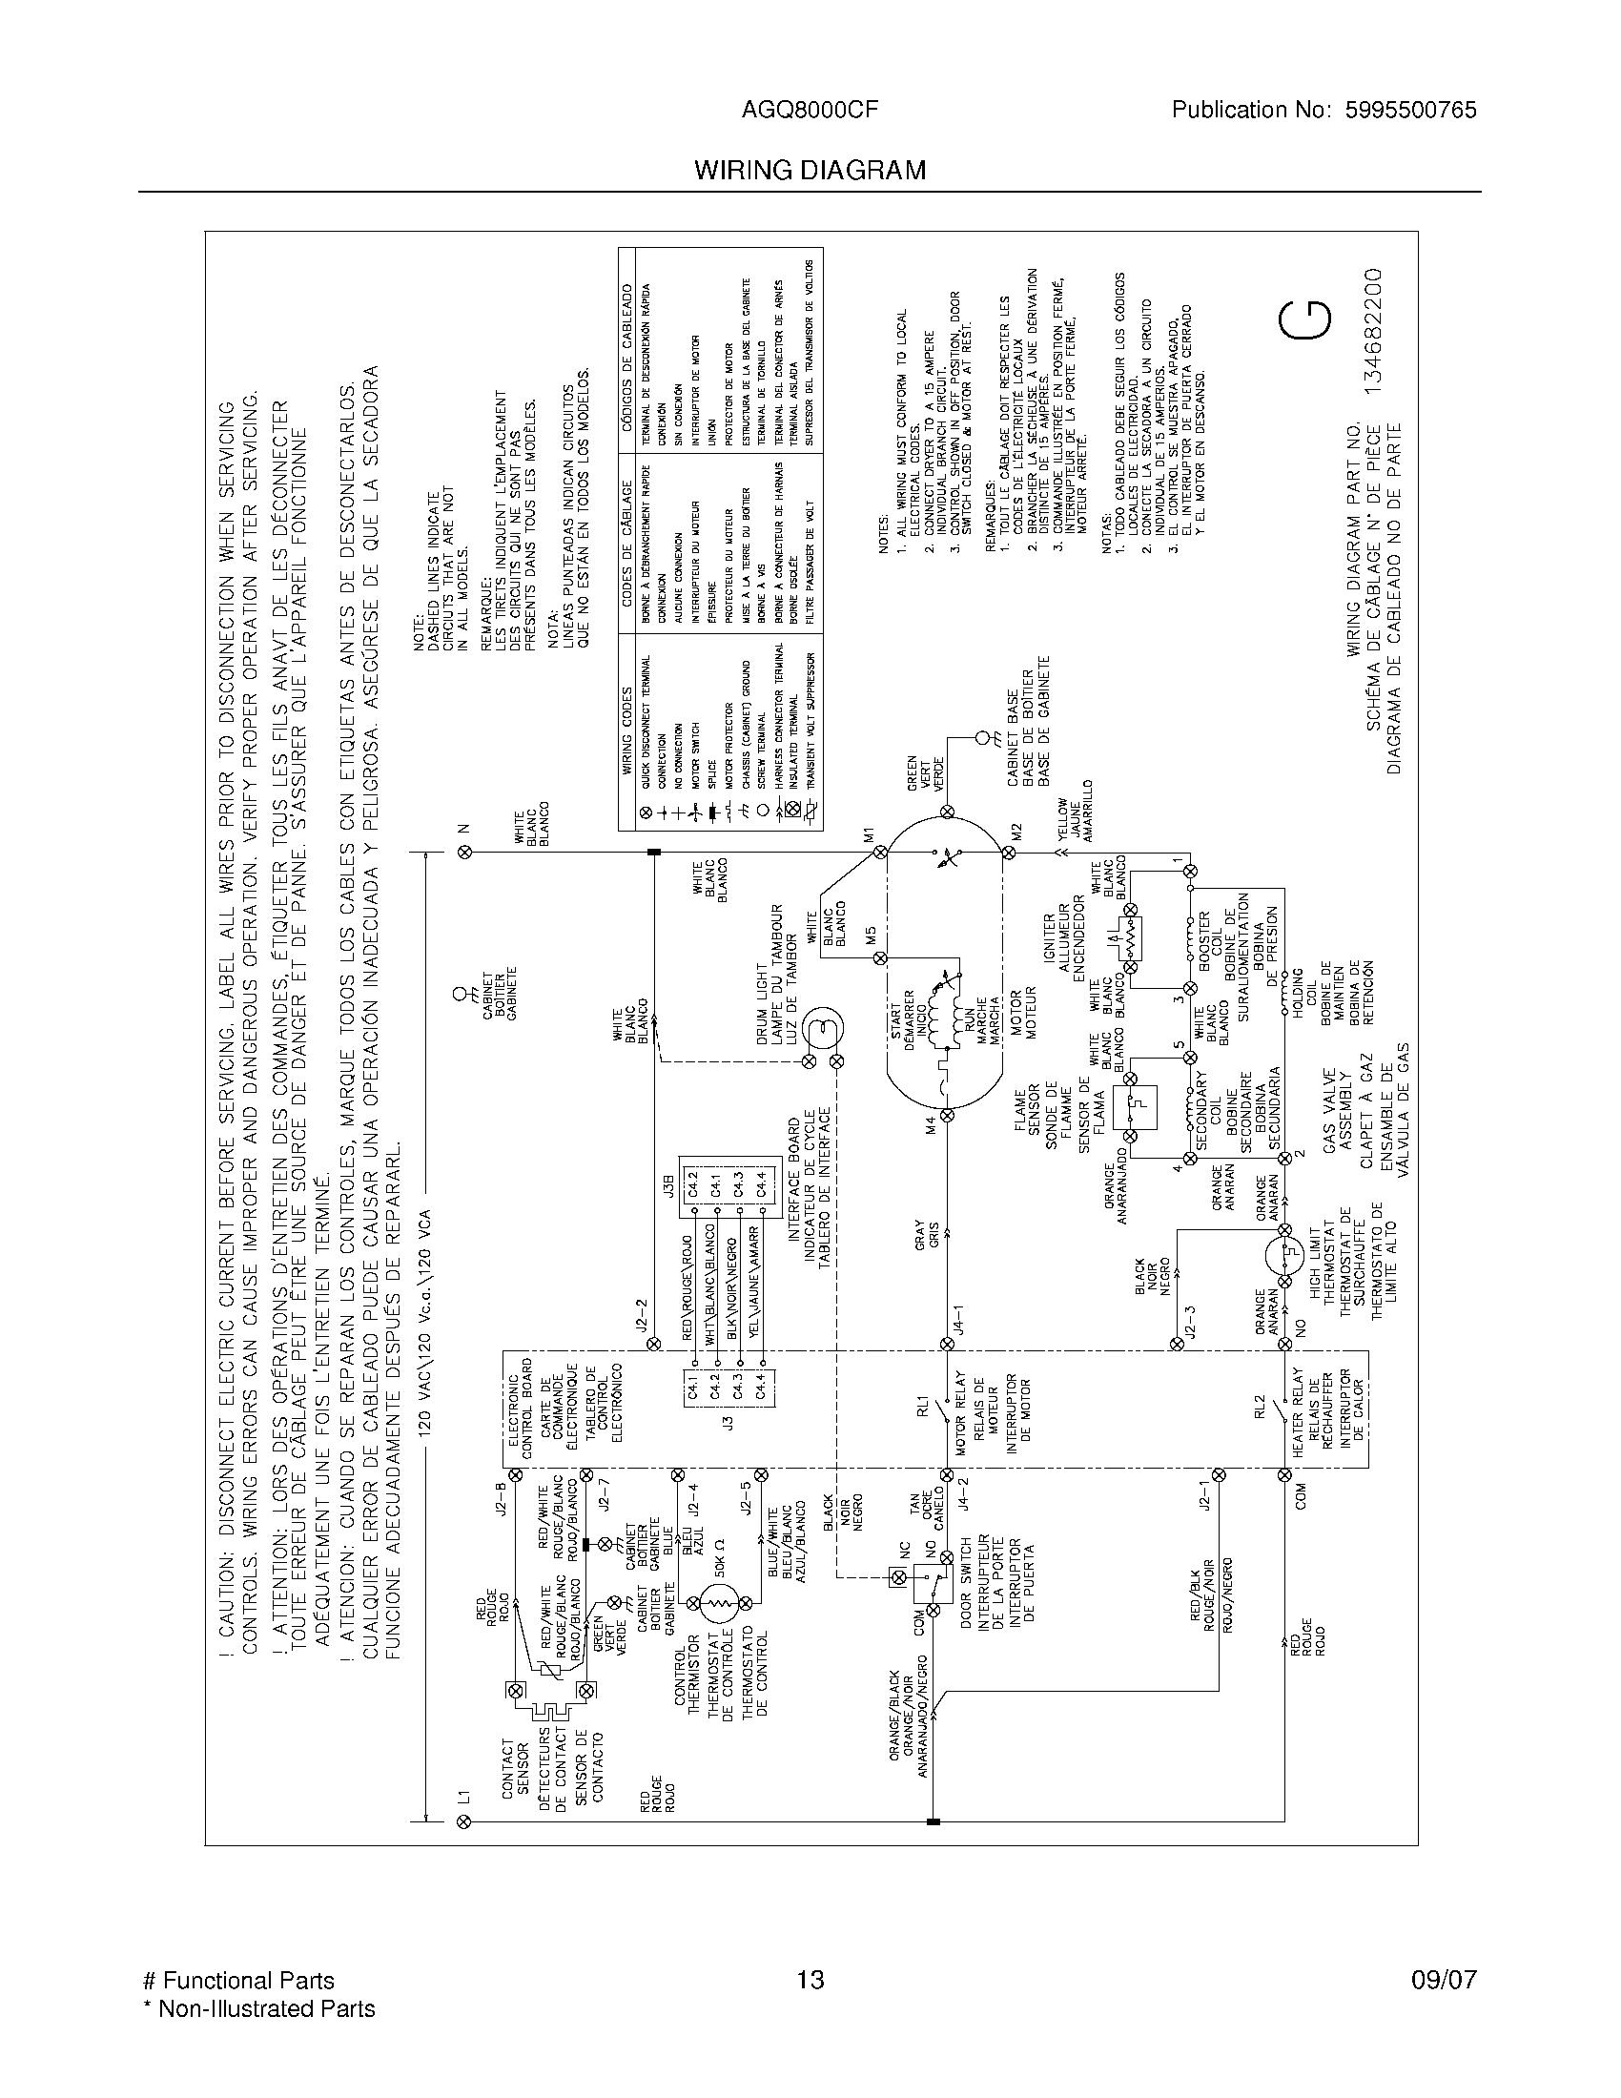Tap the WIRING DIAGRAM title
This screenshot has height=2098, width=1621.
(x=810, y=171)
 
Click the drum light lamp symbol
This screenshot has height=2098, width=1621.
(x=823, y=1029)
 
